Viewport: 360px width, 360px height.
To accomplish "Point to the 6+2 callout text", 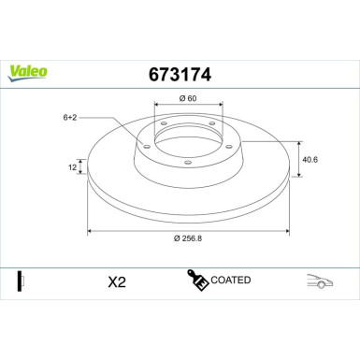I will [x=71, y=118].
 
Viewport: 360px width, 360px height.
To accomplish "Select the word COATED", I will [x=231, y=280].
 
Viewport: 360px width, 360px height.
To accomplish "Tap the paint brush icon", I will [x=197, y=280].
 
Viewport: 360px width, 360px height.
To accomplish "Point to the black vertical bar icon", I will [x=19, y=280].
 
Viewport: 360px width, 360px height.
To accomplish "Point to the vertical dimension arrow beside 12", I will [x=81, y=168].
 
